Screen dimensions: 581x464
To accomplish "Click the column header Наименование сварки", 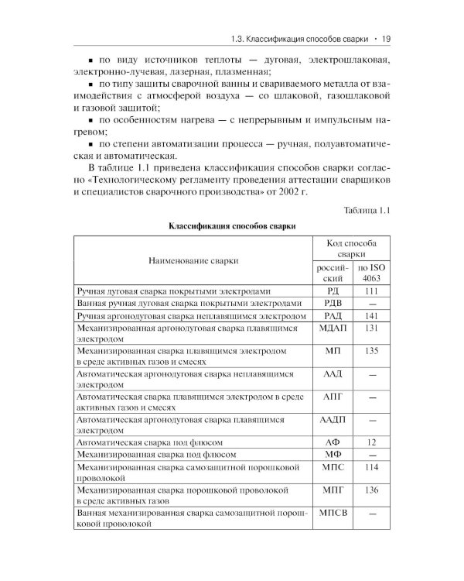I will (194, 262).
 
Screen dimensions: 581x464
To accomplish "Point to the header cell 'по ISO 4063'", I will (372, 272).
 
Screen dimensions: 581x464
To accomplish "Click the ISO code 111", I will (372, 290).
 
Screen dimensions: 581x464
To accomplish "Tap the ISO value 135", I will (372, 351).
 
